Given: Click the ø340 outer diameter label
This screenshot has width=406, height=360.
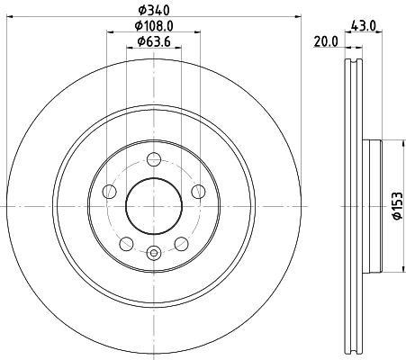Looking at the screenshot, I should [153, 11].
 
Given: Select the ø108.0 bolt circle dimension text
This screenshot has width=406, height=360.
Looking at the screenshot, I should [153, 26].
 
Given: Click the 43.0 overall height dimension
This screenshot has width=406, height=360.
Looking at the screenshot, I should [363, 26].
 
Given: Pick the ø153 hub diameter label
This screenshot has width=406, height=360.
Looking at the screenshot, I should [394, 205].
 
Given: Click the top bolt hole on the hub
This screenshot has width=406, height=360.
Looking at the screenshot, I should [154, 160].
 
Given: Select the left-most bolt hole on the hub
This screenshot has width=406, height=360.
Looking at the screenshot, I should [110, 192].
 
